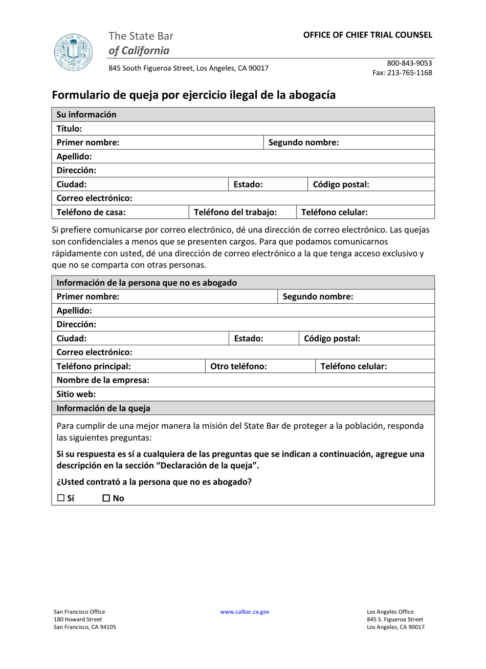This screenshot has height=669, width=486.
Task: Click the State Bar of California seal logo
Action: [x=73, y=52]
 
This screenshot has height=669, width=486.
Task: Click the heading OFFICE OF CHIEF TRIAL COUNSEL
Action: [x=367, y=35]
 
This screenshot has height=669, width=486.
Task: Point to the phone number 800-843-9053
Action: [x=409, y=63]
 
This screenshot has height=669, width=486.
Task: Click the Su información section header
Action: [x=86, y=115]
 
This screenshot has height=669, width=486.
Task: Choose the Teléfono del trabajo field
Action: [x=235, y=212]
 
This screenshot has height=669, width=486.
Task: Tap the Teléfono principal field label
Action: [x=93, y=366]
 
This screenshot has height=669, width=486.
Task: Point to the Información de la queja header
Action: [x=103, y=408]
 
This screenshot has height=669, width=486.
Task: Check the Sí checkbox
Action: [x=61, y=498]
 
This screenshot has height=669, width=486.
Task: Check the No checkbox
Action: [x=106, y=498]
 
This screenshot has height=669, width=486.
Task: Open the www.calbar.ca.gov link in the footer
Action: [x=245, y=612]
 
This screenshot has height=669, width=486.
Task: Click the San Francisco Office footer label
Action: [x=79, y=612]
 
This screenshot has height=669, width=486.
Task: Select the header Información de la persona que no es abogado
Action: [x=146, y=283]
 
